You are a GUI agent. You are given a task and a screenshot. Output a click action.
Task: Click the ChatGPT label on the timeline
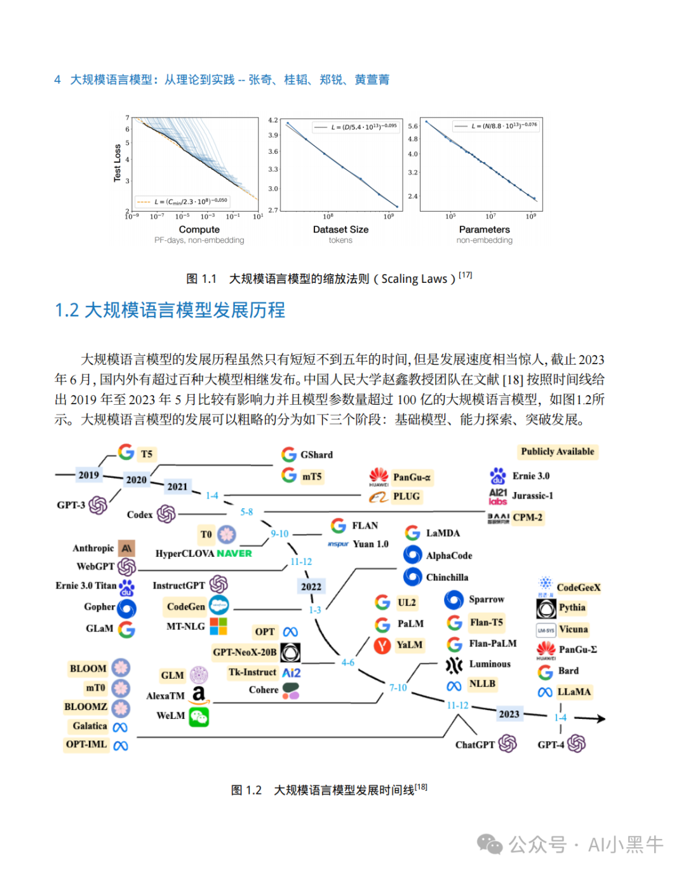coord(474,744)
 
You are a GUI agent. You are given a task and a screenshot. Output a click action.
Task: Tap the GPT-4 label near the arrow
coord(550,744)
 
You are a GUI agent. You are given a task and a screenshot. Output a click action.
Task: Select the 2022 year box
coord(311,587)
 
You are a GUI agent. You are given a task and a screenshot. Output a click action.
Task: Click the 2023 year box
coord(509,714)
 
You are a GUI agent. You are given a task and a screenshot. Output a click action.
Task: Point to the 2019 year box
coord(88,475)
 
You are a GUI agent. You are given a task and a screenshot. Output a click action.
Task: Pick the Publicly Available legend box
coord(557,451)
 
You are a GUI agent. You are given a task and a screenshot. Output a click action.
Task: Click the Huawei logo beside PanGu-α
coord(379,477)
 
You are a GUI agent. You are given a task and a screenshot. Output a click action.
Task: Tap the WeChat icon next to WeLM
coord(199,716)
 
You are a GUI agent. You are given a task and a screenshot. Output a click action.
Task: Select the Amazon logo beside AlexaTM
coord(199,695)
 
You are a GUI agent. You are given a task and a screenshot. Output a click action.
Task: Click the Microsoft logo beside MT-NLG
coord(219,626)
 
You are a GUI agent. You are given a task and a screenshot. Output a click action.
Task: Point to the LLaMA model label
coord(574,691)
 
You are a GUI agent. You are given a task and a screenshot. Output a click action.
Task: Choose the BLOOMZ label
coord(86,707)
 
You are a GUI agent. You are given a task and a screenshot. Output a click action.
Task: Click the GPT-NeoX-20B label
coord(245,652)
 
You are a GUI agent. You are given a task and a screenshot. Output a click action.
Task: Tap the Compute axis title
coord(199,229)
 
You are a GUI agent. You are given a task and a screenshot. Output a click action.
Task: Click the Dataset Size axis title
coord(340,229)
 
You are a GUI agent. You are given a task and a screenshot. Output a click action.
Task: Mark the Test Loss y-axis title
coord(117,163)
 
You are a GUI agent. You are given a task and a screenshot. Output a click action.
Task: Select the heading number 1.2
coord(67,310)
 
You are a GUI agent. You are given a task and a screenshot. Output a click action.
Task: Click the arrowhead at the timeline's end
coord(600,719)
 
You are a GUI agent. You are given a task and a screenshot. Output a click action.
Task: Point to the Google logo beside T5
coord(126,452)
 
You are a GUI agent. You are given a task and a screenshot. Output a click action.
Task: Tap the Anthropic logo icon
coord(127,548)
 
